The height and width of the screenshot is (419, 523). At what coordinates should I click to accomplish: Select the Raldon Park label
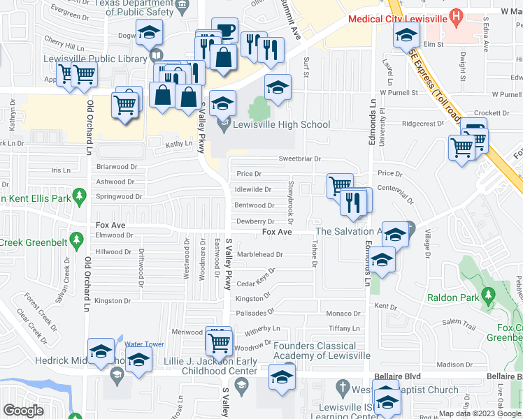pos(454,297)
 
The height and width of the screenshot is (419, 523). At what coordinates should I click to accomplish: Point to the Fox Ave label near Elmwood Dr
pos(110,226)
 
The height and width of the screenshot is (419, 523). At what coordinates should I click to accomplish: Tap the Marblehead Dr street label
pos(260,255)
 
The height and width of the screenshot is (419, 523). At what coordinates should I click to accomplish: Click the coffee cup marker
pos(224,31)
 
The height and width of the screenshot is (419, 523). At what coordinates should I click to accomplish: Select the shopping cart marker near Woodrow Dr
pos(220,342)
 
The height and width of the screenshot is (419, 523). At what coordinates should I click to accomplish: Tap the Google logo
pos(24,410)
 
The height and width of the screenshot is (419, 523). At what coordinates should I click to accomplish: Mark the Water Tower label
pos(144,344)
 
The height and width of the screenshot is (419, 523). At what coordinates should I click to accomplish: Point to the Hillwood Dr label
pos(113,252)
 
